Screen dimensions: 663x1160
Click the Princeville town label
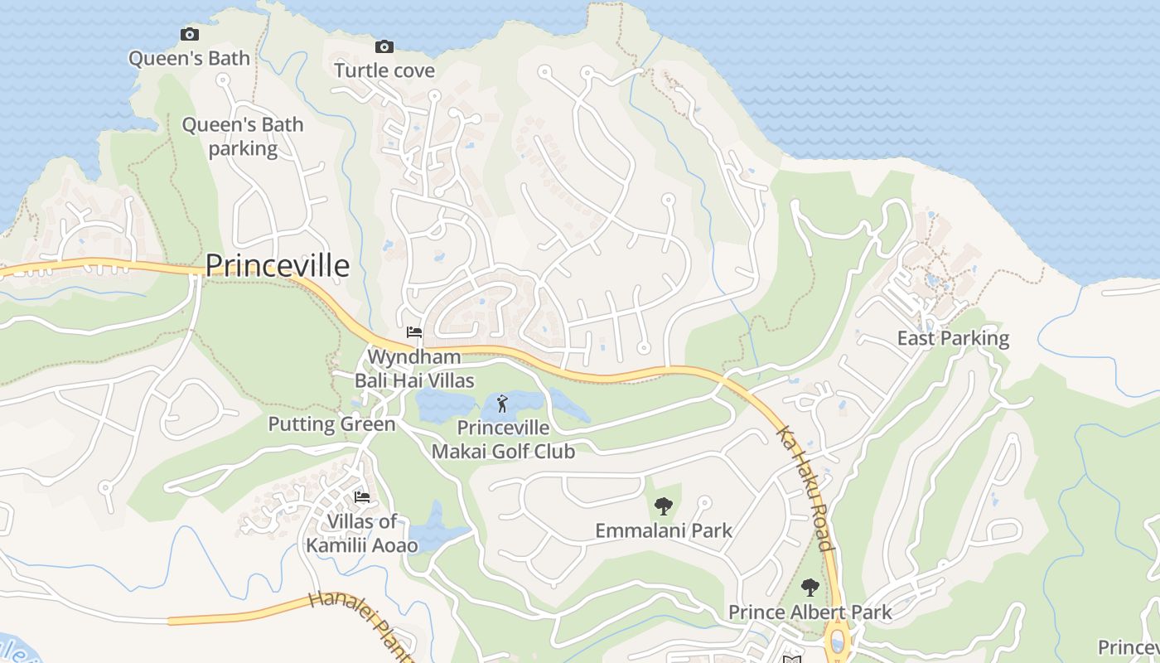tap(277, 265)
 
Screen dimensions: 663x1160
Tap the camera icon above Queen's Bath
tap(190, 35)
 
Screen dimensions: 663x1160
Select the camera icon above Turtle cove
tap(384, 46)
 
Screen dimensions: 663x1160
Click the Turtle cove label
tap(384, 70)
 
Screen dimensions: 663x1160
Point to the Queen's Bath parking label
tap(243, 137)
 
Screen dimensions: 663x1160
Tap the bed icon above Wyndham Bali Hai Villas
tap(414, 332)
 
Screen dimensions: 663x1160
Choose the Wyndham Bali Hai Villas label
tap(414, 369)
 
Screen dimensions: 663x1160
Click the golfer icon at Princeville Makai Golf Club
tap(502, 404)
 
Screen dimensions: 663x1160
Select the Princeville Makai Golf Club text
tap(503, 439)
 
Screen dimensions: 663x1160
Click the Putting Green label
tap(331, 424)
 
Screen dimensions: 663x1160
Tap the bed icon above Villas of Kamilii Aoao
tap(362, 497)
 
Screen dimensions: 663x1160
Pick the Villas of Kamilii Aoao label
tap(362, 533)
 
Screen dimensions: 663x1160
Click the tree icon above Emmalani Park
tap(663, 506)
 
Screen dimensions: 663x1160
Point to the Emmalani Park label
tap(663, 530)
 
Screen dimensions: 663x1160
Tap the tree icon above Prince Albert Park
tap(810, 588)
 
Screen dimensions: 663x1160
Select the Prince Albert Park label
tap(810, 612)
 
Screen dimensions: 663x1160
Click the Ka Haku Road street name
tap(803, 489)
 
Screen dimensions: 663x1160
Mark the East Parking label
tap(953, 338)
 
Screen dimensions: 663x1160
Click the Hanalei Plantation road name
tap(360, 626)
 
